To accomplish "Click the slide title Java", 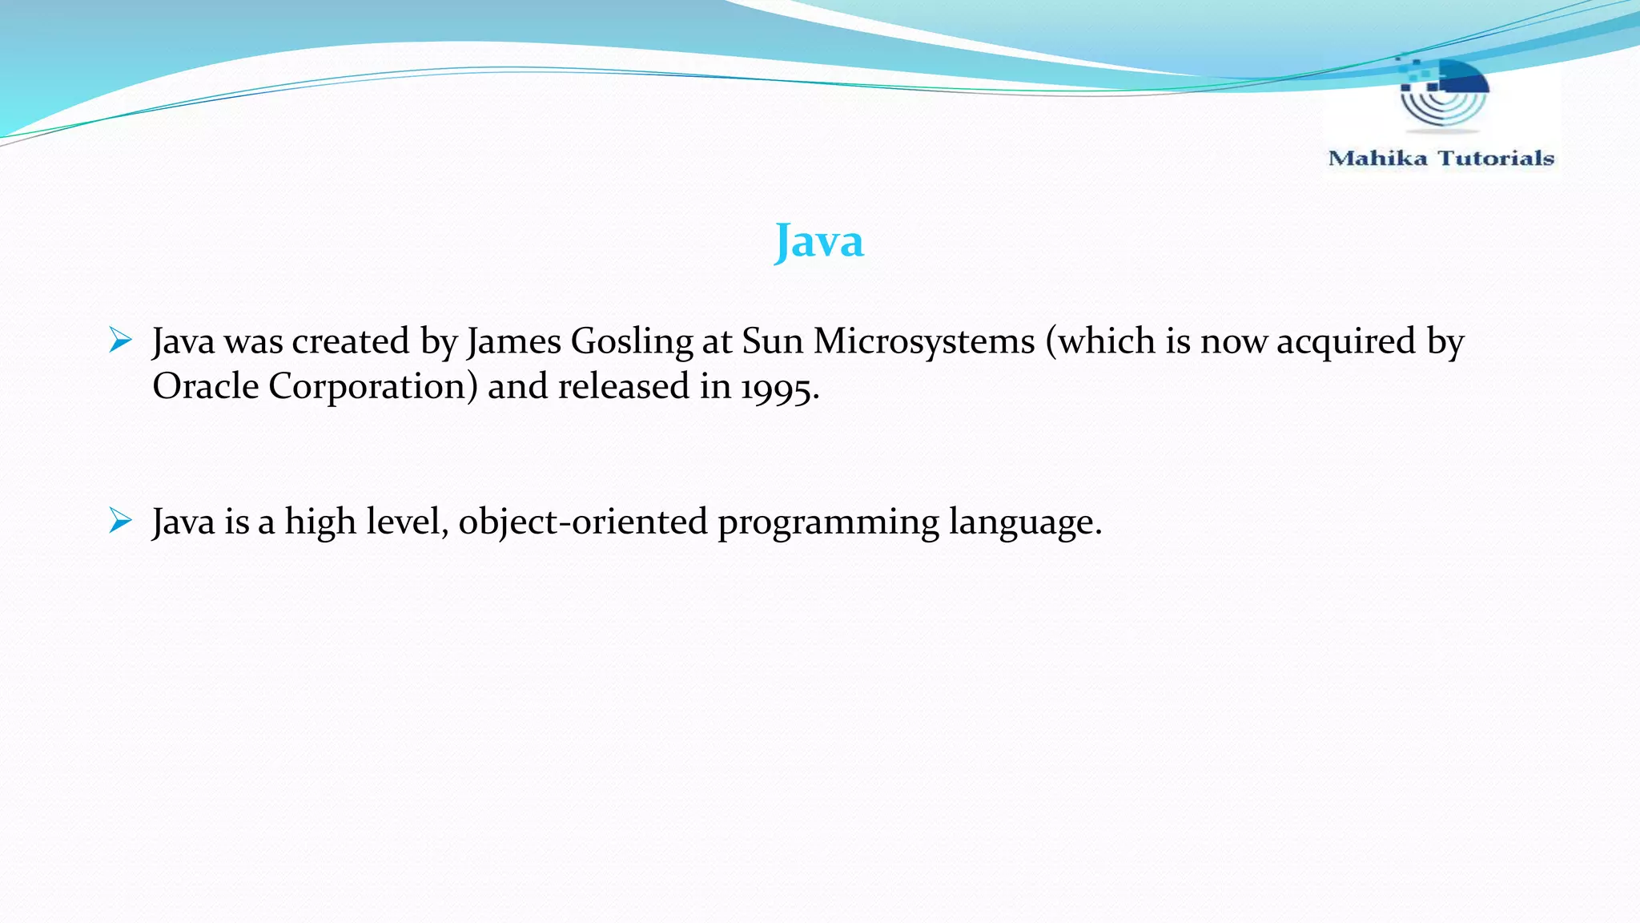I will click(819, 241).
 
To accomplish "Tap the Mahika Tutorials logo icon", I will click(1443, 95).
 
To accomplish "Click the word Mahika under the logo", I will click(1377, 158).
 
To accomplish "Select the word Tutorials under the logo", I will click(1496, 158).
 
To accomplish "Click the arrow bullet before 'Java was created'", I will click(120, 341).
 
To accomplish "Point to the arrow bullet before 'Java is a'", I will click(120, 521).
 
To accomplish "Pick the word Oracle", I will click(206, 386).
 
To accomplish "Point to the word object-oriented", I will click(583, 522).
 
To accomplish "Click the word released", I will click(623, 386).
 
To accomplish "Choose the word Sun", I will click(772, 341).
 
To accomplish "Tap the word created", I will click(351, 341).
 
